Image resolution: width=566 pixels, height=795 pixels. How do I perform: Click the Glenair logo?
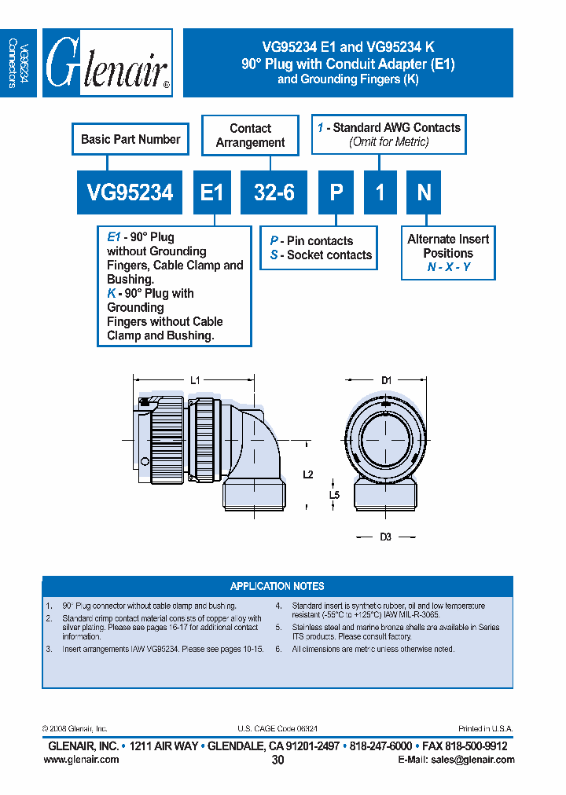pos(107,63)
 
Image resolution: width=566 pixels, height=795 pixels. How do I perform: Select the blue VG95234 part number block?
pos(130,192)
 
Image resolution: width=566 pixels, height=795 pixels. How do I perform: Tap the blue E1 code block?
pos(212,192)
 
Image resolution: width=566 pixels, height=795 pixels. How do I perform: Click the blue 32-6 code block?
pos(274,192)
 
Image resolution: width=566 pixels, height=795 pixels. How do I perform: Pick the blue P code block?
pos(336,192)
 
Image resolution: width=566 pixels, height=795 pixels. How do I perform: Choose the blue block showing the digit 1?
pos(380,192)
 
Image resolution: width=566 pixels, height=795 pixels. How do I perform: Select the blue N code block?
pos(424,192)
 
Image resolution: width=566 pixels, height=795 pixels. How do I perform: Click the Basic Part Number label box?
pos(130,140)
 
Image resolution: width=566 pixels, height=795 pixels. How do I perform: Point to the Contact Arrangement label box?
pos(250,136)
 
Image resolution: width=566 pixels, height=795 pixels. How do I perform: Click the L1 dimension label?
pos(196,380)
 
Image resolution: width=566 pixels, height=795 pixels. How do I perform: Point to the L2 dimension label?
pos(307,474)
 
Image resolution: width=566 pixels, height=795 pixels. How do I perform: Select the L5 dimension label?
pos(333,495)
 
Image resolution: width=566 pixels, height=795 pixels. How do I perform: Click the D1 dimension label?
pos(386,380)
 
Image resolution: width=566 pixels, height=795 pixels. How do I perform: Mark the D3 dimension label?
pos(385,537)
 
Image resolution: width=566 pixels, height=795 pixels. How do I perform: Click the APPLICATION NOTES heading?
pos(277,586)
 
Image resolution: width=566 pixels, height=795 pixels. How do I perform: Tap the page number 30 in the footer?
pos(277,760)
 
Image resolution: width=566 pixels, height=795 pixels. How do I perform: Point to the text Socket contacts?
pos(329,255)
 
